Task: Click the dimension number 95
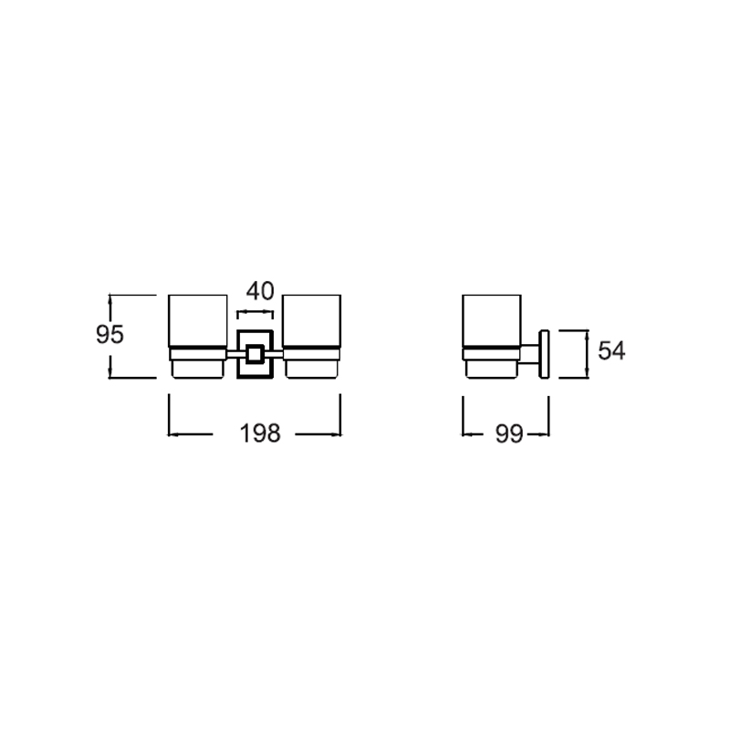tap(109, 334)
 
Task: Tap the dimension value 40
tap(260, 291)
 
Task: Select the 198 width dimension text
tap(260, 433)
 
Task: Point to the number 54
tap(611, 350)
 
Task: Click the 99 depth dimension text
tap(509, 434)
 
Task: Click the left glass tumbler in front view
tap(198, 321)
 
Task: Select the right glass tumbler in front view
tap(312, 321)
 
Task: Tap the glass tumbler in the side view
tap(492, 321)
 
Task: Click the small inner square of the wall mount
tap(255, 355)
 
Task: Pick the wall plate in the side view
tap(544, 354)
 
